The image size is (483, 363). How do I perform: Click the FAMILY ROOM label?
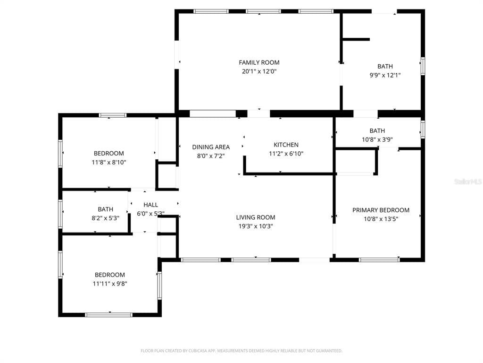pyautogui.click(x=259, y=62)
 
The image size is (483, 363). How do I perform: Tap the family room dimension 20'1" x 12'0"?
pyautogui.click(x=259, y=71)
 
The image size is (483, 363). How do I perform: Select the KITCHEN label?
pyautogui.click(x=286, y=145)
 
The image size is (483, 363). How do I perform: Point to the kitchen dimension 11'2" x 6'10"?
pyautogui.click(x=286, y=154)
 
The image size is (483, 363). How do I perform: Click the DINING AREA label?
pyautogui.click(x=211, y=147)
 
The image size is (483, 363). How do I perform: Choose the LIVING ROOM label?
pyautogui.click(x=256, y=217)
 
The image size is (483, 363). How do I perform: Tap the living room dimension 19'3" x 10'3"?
pyautogui.click(x=256, y=226)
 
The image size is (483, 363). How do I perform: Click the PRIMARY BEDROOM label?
pyautogui.click(x=381, y=210)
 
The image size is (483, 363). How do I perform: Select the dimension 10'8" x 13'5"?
pyautogui.click(x=381, y=219)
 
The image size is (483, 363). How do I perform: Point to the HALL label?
pyautogui.click(x=150, y=205)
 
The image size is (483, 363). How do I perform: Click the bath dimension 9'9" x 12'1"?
pyautogui.click(x=385, y=75)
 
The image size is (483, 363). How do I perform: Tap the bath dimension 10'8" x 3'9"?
pyautogui.click(x=377, y=139)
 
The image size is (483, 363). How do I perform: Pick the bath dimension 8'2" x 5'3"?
pyautogui.click(x=105, y=218)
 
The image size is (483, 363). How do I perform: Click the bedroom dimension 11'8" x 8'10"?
pyautogui.click(x=109, y=162)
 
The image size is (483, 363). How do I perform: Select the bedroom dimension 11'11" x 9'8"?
pyautogui.click(x=110, y=284)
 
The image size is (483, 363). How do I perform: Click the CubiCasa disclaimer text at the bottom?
pyautogui.click(x=241, y=351)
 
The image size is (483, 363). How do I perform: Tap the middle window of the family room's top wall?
pyautogui.click(x=263, y=11)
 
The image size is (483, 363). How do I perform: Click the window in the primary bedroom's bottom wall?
pyautogui.click(x=380, y=260)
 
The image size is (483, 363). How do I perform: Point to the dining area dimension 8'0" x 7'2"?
pyautogui.click(x=211, y=156)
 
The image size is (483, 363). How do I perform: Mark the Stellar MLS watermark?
pyautogui.click(x=468, y=182)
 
